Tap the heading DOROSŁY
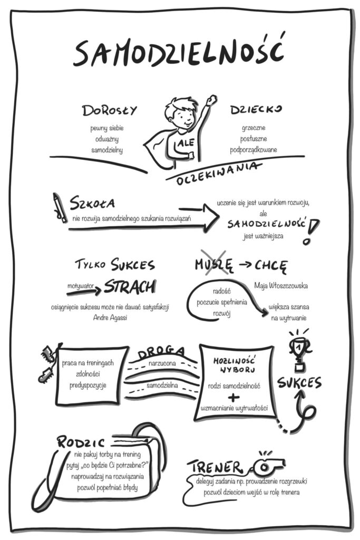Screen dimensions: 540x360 [109, 111]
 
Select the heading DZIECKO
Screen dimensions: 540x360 [256, 110]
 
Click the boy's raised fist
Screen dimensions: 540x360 [211, 99]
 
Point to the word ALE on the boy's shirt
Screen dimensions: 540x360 [186, 142]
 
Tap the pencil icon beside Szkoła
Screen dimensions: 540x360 [60, 208]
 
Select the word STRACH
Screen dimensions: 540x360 [130, 286]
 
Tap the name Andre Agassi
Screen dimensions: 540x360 [110, 317]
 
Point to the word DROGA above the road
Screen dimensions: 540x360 [161, 352]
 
